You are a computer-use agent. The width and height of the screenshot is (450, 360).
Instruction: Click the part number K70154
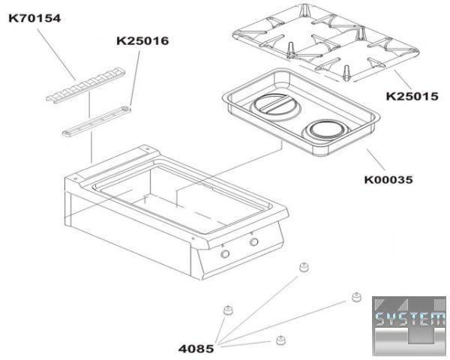click(x=34, y=18)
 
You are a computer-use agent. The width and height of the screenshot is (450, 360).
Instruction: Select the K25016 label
click(x=142, y=41)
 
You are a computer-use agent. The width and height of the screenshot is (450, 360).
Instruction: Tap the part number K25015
click(x=412, y=96)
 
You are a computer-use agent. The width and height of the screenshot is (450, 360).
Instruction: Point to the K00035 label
click(x=388, y=180)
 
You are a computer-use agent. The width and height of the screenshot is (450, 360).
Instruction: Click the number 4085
click(x=196, y=349)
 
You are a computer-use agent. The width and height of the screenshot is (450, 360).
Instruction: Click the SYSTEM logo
click(x=409, y=325)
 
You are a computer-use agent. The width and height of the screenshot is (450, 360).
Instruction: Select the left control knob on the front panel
click(x=225, y=253)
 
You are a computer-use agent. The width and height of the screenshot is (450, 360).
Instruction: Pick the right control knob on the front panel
click(x=254, y=241)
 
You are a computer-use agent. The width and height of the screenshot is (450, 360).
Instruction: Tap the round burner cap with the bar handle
click(x=276, y=106)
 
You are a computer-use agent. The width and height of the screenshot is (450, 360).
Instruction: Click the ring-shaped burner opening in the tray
click(x=327, y=130)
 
